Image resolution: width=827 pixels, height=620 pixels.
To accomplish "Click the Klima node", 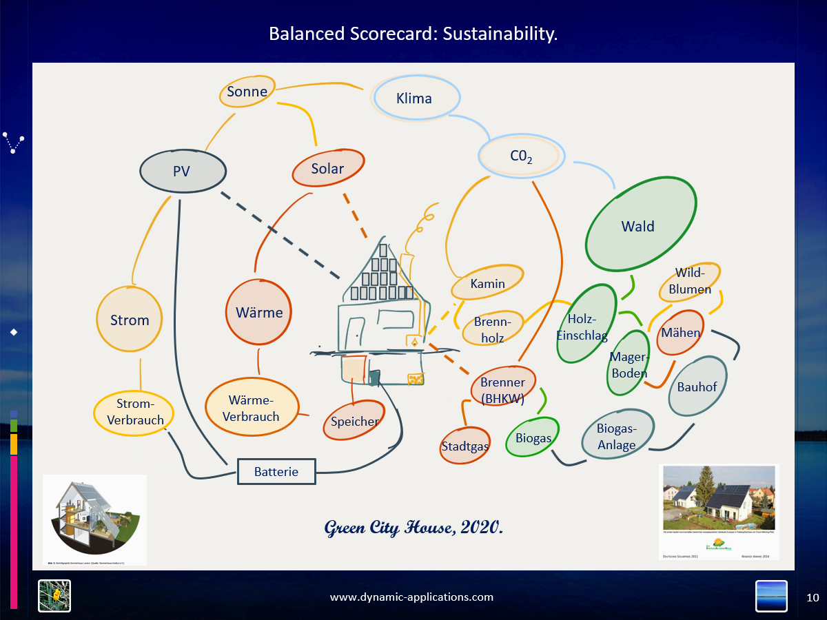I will coord(416,99).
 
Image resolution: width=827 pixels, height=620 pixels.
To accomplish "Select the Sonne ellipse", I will coord(247,92).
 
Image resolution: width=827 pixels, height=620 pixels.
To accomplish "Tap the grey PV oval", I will coord(183,172).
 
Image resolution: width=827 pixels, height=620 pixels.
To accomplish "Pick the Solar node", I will coord(327,169).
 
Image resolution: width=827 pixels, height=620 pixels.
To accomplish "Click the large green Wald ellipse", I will coord(640,226).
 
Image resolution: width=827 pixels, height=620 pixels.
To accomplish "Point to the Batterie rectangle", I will coord(276,472).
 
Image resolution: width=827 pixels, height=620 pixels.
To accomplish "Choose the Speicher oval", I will coord(354,421).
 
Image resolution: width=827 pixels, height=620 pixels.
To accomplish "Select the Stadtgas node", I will coord(464,445).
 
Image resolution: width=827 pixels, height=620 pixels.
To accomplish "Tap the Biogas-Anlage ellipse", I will coord(616,436).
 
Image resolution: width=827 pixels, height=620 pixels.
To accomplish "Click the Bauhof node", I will coord(697,386).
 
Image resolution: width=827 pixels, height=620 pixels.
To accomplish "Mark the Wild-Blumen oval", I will coord(689,281).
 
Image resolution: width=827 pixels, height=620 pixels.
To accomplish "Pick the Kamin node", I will coord(487,283).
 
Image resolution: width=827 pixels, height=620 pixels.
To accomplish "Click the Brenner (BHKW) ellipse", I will coord(503,390).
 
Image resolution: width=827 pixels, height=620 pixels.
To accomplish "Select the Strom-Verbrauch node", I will coord(134,412).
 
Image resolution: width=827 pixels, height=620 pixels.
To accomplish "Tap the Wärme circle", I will coord(259,312).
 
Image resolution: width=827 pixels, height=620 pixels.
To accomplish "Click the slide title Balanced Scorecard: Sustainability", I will coord(413,34).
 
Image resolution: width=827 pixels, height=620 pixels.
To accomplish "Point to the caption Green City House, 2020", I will coord(413,528).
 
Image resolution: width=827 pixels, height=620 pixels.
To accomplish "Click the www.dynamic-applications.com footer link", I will coord(412,597).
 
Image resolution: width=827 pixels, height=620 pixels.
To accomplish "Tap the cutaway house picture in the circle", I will coord(94,518).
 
